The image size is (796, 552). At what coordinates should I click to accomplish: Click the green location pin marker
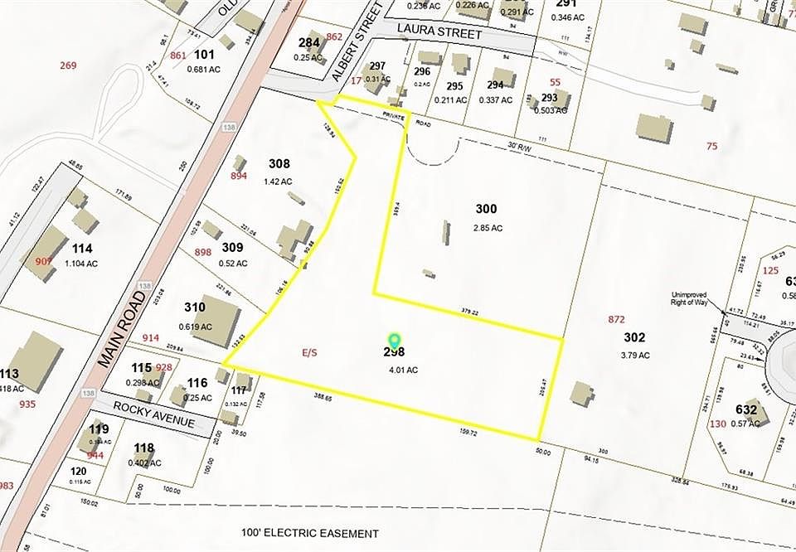(395, 341)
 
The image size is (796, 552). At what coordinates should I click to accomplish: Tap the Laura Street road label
(439, 34)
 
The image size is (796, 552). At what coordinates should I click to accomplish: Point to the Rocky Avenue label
(146, 413)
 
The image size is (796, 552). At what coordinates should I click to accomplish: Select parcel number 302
(634, 337)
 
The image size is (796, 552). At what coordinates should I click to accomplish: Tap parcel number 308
(279, 163)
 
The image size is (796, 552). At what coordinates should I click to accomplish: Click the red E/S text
(309, 352)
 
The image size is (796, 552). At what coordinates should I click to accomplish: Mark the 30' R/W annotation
(519, 147)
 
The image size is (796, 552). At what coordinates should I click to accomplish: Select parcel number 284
(309, 42)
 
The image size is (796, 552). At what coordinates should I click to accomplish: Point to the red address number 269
(68, 65)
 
